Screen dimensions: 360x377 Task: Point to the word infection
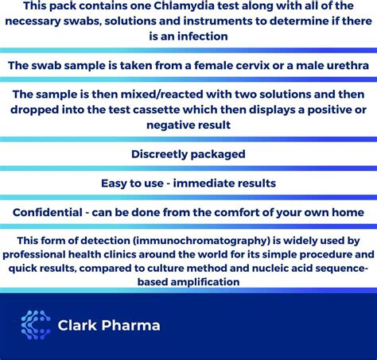203,36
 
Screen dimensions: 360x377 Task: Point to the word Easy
115,184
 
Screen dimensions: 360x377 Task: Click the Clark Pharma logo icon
35,325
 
